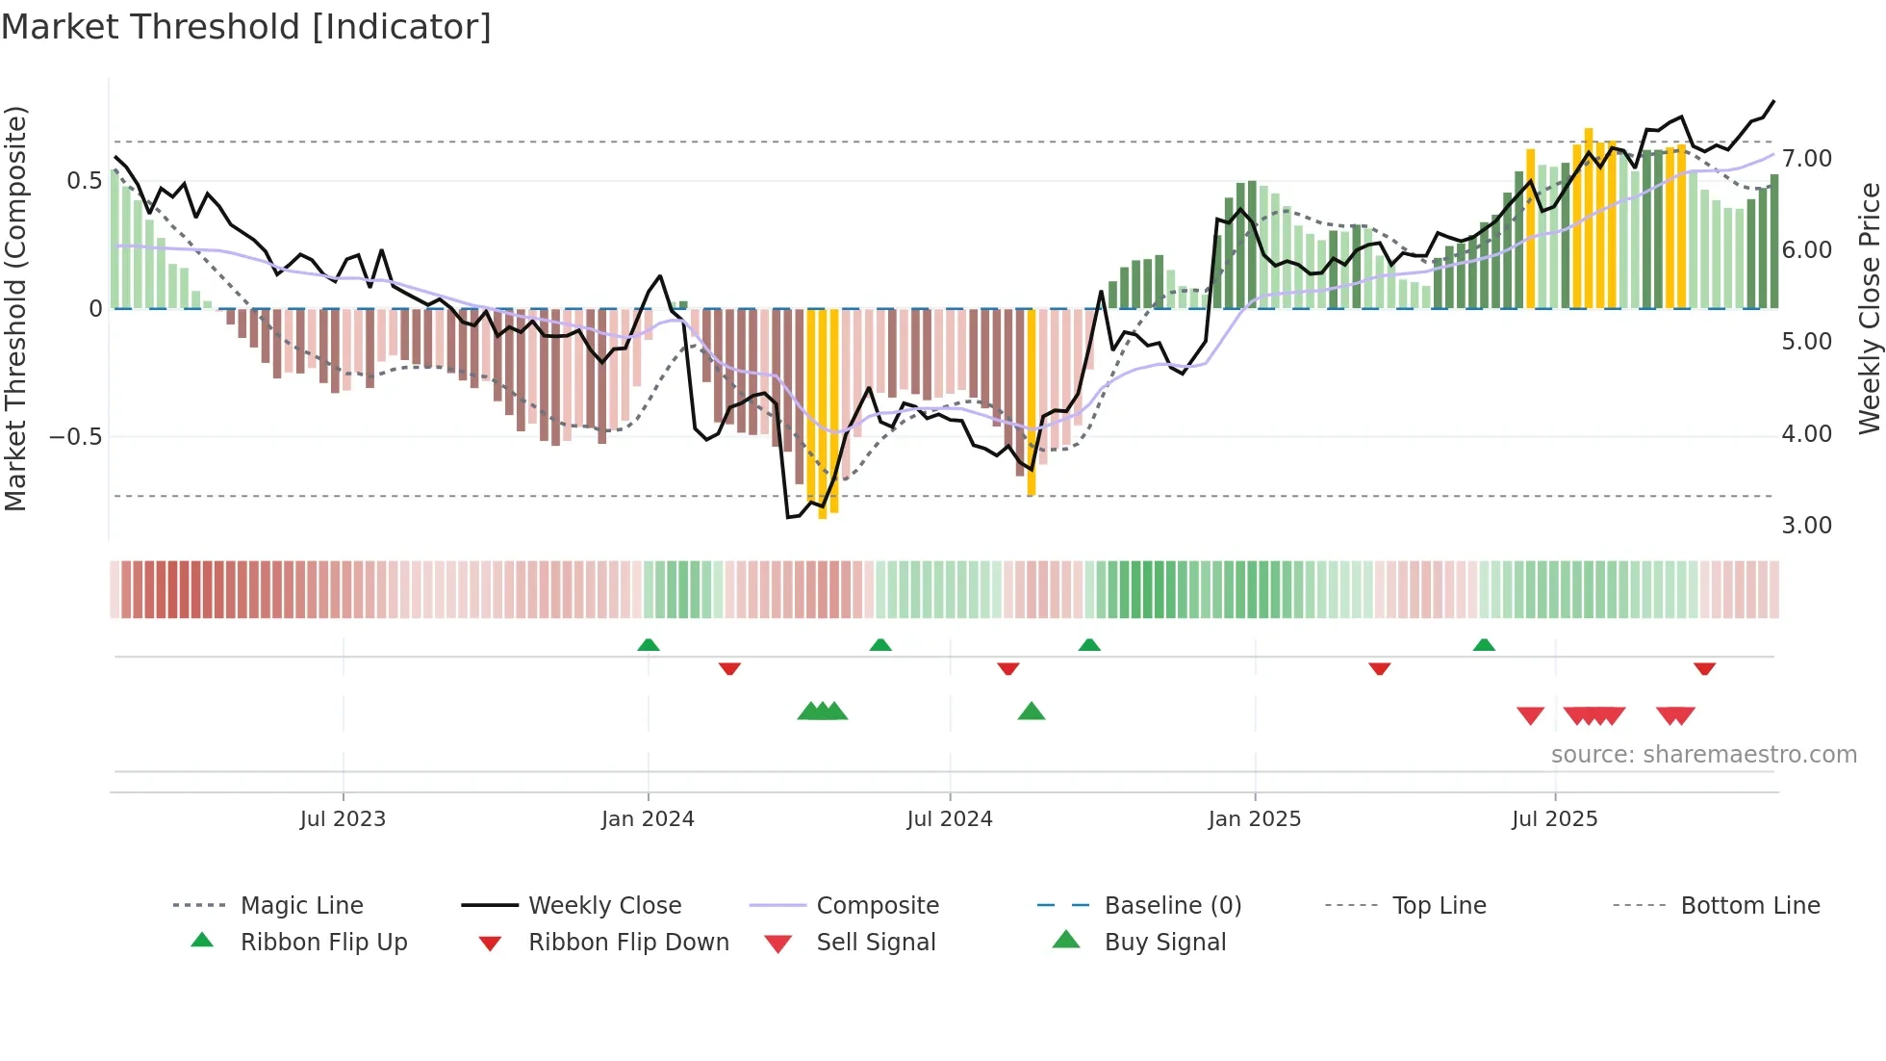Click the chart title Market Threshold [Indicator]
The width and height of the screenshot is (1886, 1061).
(246, 27)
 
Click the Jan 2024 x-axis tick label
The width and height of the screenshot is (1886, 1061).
(648, 819)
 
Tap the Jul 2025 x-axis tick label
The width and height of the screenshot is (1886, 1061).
(1554, 819)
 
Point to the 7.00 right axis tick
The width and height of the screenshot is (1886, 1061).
(1806, 159)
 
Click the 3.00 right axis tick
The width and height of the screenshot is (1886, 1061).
(1806, 526)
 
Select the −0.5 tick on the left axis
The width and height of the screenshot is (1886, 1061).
(76, 437)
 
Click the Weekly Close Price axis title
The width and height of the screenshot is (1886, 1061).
(1869, 308)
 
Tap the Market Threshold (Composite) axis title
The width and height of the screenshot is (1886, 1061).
(15, 308)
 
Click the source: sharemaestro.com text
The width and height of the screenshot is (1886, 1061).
(1703, 755)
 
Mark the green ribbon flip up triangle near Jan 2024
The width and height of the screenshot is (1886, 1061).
(649, 645)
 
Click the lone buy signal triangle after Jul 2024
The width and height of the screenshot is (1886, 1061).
(1032, 712)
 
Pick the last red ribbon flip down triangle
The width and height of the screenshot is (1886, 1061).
(1704, 668)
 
